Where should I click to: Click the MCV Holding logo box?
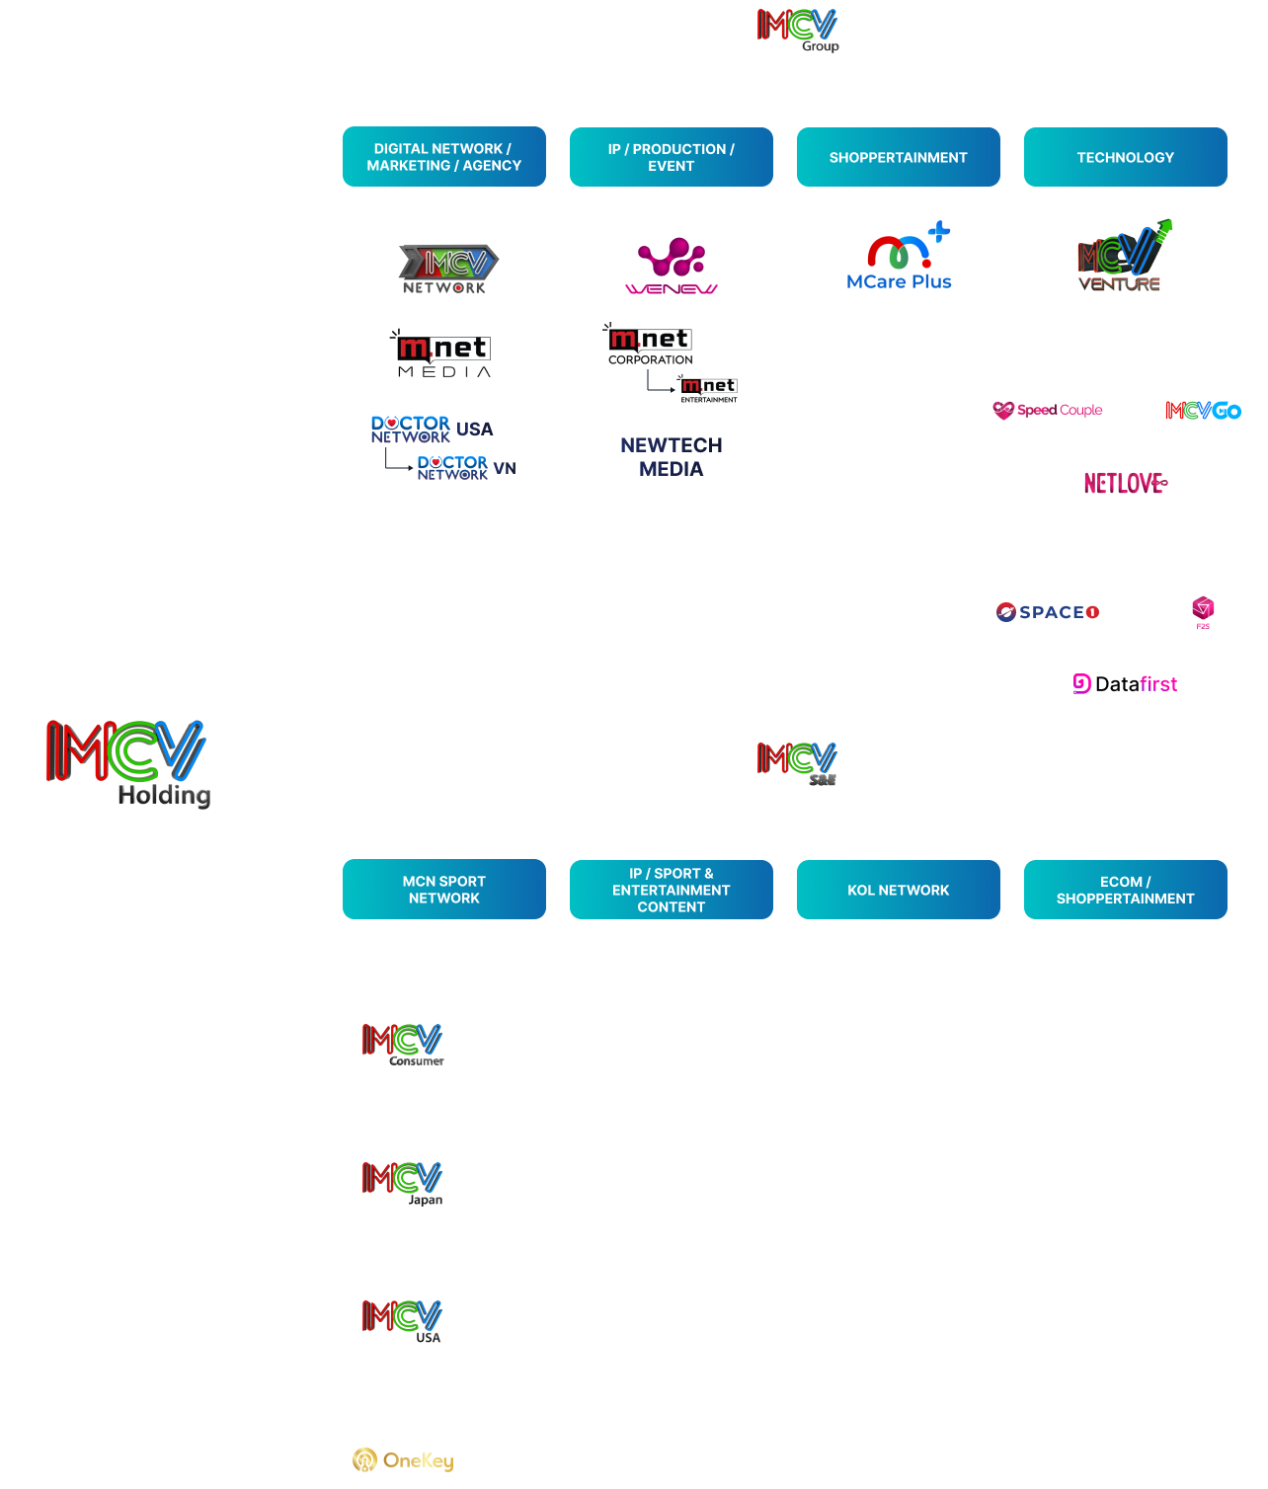click(x=127, y=762)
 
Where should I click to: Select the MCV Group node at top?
click(x=797, y=30)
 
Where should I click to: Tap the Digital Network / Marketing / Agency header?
click(x=443, y=157)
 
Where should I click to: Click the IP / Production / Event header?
click(x=671, y=157)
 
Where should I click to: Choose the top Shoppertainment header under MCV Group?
click(x=898, y=157)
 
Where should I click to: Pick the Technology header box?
click(x=1125, y=157)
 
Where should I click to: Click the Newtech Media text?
click(x=671, y=457)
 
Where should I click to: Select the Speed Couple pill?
click(x=1048, y=411)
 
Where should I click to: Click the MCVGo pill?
click(x=1203, y=411)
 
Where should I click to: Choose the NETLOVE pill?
click(x=1125, y=483)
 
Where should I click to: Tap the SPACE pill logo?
click(x=1048, y=612)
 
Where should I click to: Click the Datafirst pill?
click(x=1125, y=684)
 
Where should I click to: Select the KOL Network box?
click(x=898, y=890)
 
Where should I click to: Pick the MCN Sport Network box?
click(x=443, y=890)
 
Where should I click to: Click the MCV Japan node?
click(x=402, y=1183)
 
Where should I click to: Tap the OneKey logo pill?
click(x=402, y=1459)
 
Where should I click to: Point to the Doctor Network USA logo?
click(x=432, y=429)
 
